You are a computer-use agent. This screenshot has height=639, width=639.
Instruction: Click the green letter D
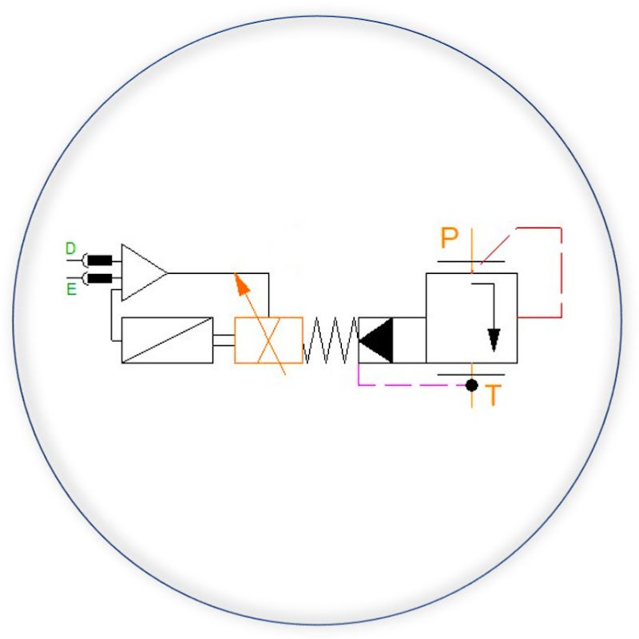click(x=70, y=248)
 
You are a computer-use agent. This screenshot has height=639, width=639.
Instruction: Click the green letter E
click(x=71, y=289)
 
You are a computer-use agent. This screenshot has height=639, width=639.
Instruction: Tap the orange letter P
click(x=450, y=237)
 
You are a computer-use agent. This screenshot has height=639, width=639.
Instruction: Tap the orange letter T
click(x=493, y=395)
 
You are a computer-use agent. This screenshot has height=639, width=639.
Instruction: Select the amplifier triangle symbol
click(x=144, y=272)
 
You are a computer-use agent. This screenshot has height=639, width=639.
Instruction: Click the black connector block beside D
click(x=100, y=260)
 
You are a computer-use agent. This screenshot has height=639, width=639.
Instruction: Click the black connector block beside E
click(x=100, y=278)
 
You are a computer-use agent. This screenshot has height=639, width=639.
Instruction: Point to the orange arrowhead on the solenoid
click(x=242, y=284)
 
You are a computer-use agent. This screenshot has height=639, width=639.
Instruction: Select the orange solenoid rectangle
click(x=269, y=340)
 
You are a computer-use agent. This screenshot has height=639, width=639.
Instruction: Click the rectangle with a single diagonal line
click(x=167, y=340)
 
